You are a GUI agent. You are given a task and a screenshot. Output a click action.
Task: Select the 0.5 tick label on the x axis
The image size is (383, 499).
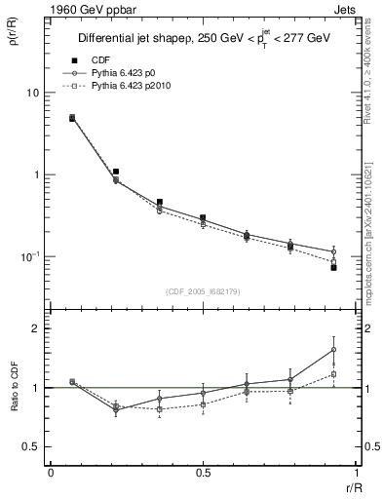pyautogui.click(x=203, y=473)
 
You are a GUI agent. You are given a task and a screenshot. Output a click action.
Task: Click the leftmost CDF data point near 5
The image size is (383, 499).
pyautogui.click(x=72, y=118)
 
